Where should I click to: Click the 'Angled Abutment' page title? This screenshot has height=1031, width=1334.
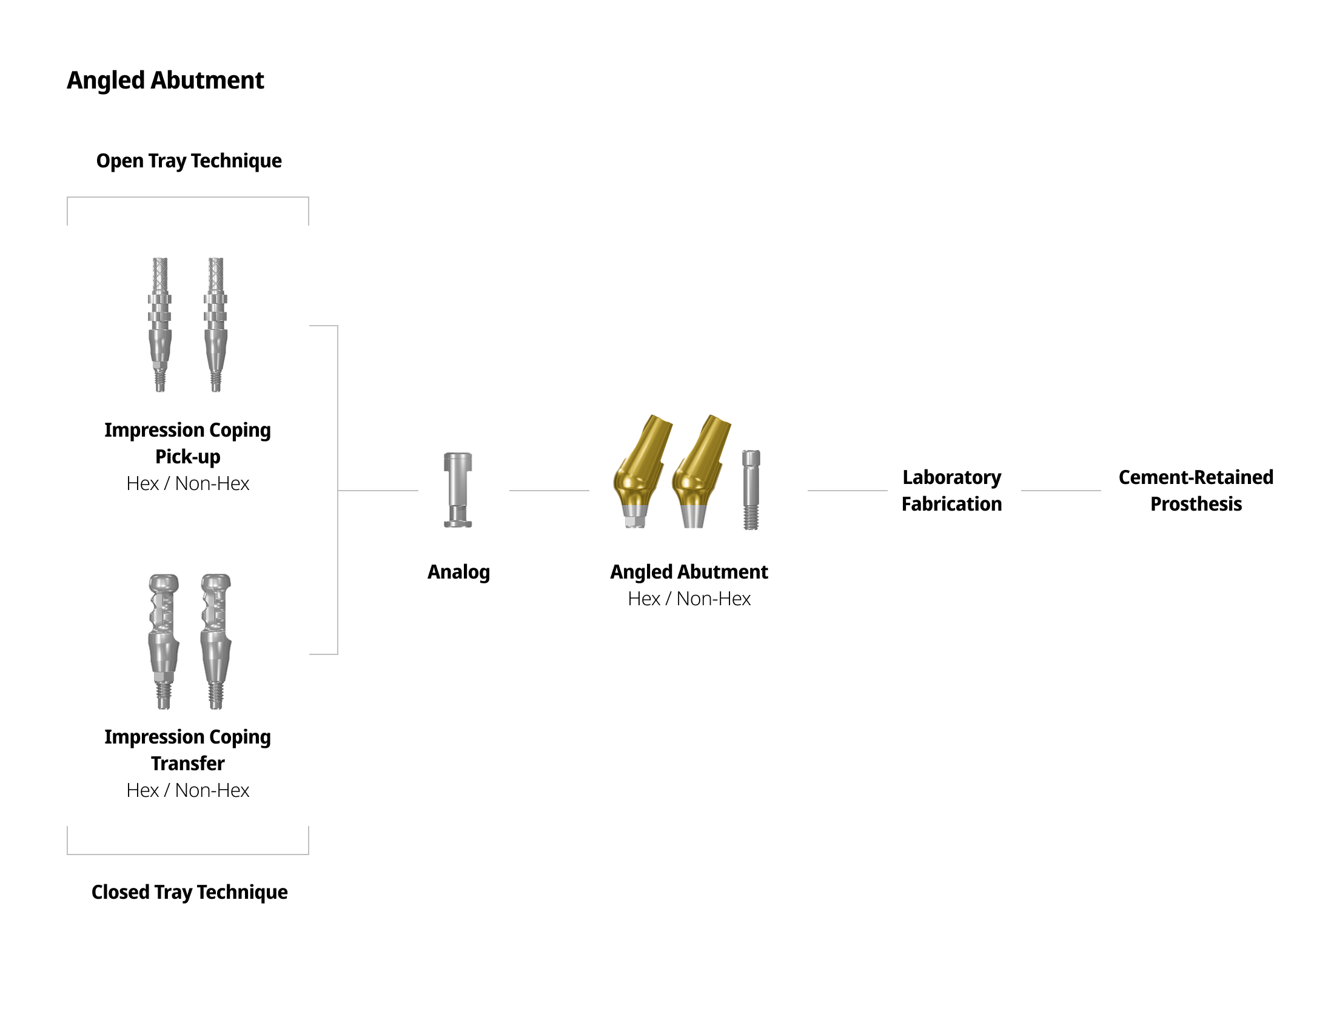pos(165,81)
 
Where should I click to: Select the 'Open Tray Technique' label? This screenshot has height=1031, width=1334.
pos(189,161)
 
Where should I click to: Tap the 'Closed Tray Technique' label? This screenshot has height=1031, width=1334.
pos(189,892)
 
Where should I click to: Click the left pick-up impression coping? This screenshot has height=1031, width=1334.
pos(159,324)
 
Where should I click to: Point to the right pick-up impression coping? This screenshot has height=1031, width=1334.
pos(216,324)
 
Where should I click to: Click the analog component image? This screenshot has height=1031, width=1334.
pos(457,490)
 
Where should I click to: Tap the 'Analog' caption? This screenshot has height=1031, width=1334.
pos(458,572)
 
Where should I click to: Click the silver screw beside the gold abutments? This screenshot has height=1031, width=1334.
pos(751,490)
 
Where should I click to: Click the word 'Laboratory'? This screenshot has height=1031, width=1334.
pos(951,477)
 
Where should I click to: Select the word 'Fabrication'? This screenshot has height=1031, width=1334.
pos(951,504)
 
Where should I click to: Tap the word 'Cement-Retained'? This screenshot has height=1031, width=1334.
pos(1195,477)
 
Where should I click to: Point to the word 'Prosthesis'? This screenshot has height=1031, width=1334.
pos(1195,504)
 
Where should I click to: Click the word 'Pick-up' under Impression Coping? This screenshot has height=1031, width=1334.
pos(187,457)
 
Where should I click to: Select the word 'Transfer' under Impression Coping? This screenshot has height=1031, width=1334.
pos(187,764)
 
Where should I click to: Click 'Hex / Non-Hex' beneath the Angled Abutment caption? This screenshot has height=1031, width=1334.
pos(689,599)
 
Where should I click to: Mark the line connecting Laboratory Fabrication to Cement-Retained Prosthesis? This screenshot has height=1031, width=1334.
pos(1061,491)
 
